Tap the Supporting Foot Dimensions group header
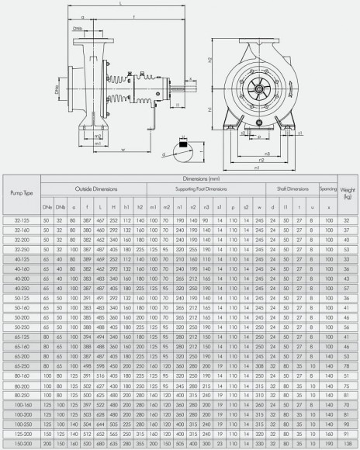[x=206, y=189]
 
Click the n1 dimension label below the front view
[x=258, y=165]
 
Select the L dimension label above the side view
[x=121, y=5]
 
